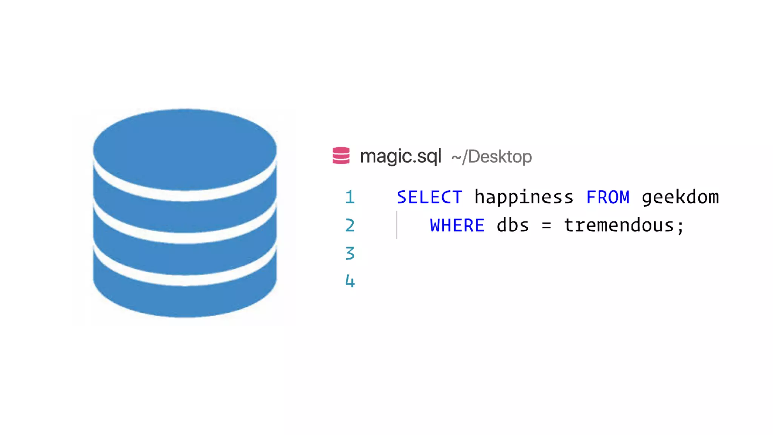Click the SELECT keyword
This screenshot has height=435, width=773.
[430, 197]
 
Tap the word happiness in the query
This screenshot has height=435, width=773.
[524, 197]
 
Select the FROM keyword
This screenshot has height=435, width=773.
[608, 197]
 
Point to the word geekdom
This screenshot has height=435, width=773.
[680, 197]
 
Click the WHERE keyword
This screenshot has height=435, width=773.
[457, 226]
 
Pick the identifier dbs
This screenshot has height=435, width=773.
[513, 226]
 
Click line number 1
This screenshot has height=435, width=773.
[350, 197]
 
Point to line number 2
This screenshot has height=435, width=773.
[350, 226]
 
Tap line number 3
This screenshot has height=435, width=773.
[350, 253]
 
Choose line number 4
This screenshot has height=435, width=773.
[350, 281]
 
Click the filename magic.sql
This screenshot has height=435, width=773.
[400, 156]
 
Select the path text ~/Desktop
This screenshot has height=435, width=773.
[491, 157]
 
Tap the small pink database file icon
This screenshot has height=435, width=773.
[341, 156]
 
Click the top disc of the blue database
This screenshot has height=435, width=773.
[185, 149]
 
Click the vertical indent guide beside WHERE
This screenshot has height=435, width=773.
[397, 225]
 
